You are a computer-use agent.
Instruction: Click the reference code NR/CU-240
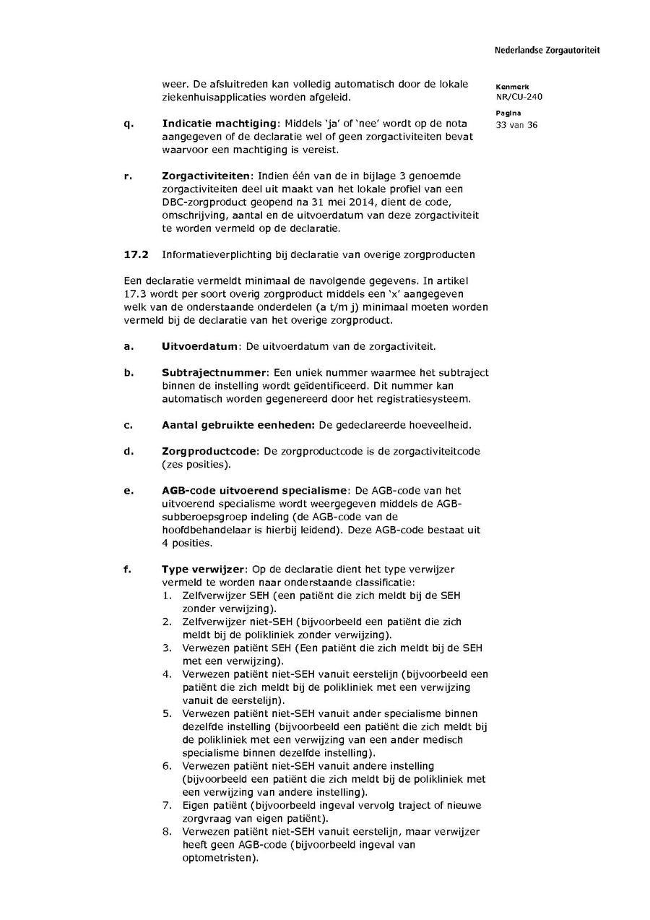click(519, 96)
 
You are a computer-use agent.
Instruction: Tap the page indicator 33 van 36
click(516, 125)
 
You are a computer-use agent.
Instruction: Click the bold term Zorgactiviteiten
click(206, 176)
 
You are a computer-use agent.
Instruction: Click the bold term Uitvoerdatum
click(200, 346)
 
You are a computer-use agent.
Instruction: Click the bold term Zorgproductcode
click(209, 451)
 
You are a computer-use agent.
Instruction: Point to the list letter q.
click(128, 124)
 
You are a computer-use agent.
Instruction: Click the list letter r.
click(127, 176)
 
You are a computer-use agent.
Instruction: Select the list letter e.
click(128, 491)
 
